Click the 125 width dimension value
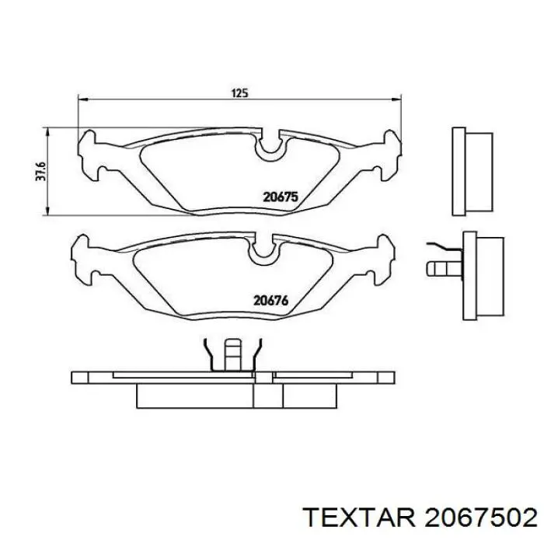click(x=239, y=93)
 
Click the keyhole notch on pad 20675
click(x=271, y=146)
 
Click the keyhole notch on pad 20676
click(x=262, y=250)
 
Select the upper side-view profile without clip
click(x=472, y=170)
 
